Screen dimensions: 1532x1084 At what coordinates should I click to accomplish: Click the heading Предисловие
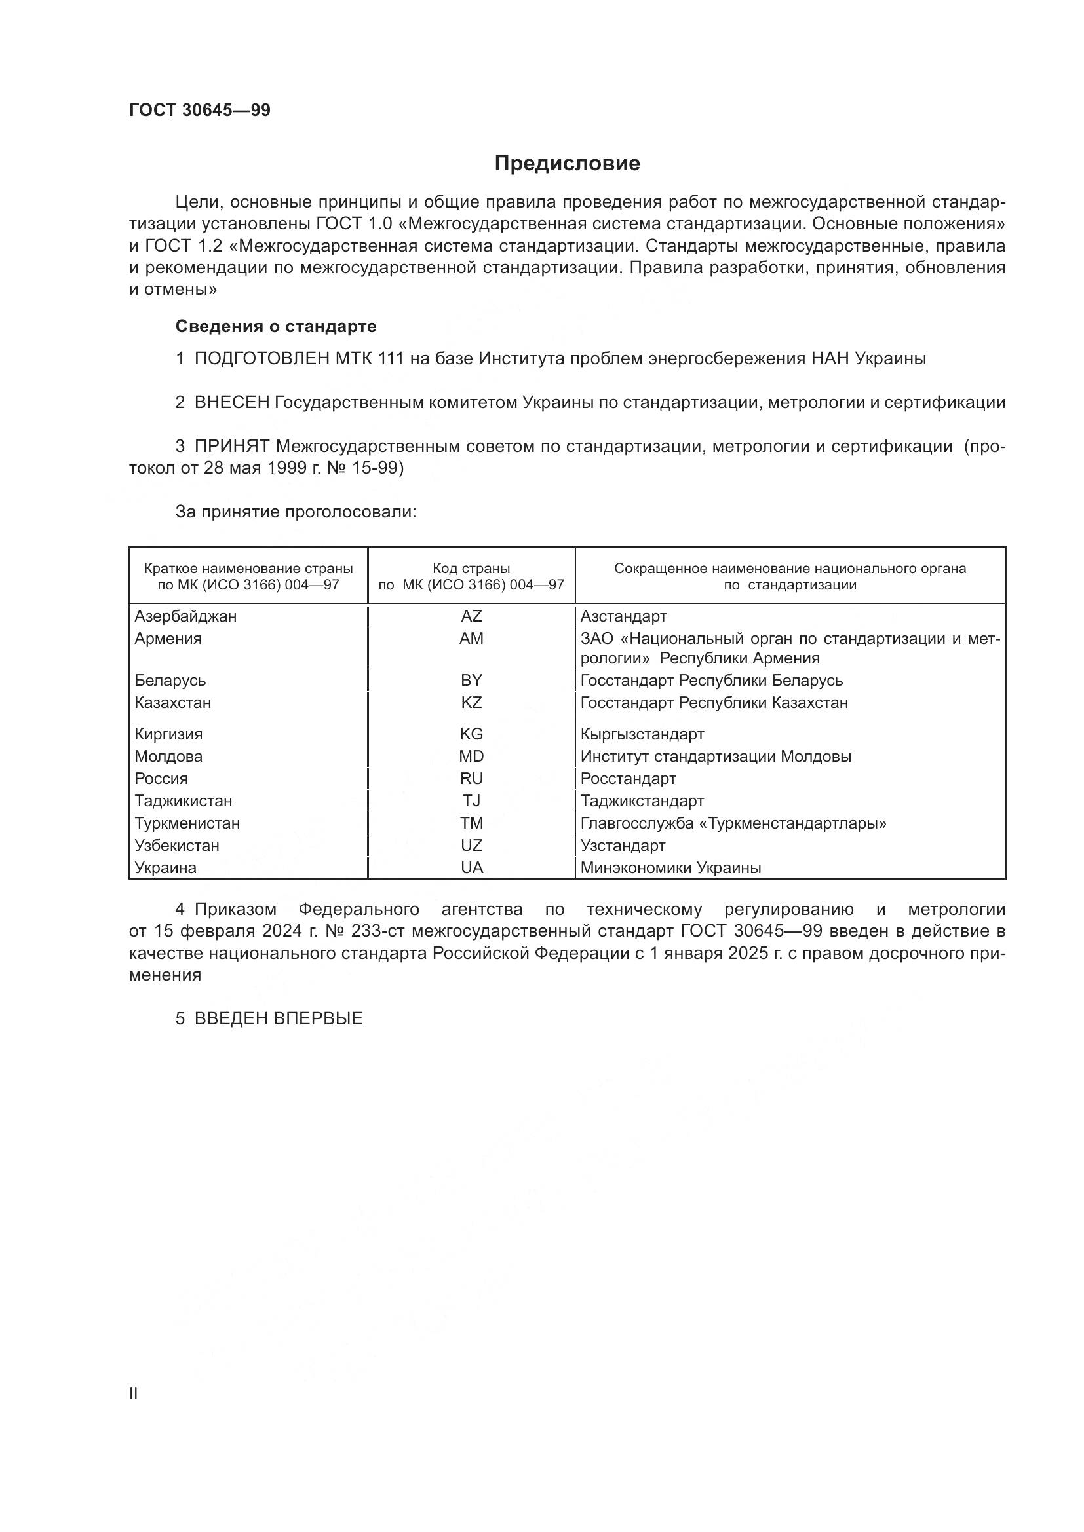[567, 164]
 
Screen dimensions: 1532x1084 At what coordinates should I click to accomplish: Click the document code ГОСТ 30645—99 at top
[200, 111]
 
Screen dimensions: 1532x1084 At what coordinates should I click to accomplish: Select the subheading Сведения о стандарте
[276, 326]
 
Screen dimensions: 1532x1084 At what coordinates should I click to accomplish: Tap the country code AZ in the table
[471, 616]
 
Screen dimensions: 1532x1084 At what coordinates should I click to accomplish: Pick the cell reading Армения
[168, 639]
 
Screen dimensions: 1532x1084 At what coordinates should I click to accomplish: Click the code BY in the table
[471, 680]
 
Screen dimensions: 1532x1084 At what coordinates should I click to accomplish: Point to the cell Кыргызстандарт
[642, 734]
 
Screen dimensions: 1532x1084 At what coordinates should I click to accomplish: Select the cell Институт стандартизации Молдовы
[716, 757]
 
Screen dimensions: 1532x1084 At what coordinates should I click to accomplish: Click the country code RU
[471, 779]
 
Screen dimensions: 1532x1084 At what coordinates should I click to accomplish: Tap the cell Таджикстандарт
[642, 800]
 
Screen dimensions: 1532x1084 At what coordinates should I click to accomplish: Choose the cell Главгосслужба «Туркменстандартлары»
[733, 823]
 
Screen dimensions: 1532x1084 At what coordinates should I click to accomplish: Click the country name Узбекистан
[177, 846]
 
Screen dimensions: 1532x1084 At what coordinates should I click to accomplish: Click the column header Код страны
[471, 569]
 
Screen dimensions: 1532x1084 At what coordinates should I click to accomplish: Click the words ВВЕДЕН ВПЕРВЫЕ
[279, 1019]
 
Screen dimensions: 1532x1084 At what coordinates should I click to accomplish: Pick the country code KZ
[471, 703]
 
